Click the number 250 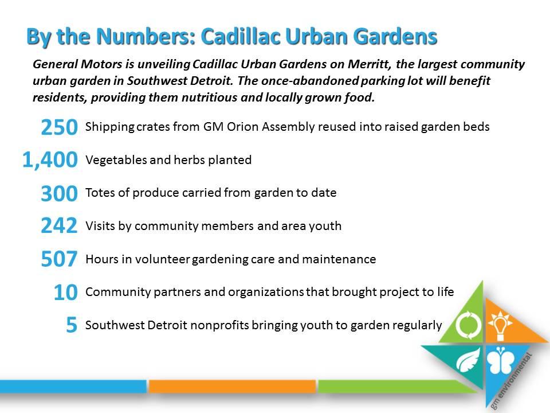click(59, 127)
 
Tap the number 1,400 click(50, 160)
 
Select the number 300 click(59, 193)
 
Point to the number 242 click(59, 225)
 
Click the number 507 click(59, 259)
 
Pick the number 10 click(65, 292)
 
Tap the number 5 click(72, 325)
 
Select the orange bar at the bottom click(232, 386)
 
